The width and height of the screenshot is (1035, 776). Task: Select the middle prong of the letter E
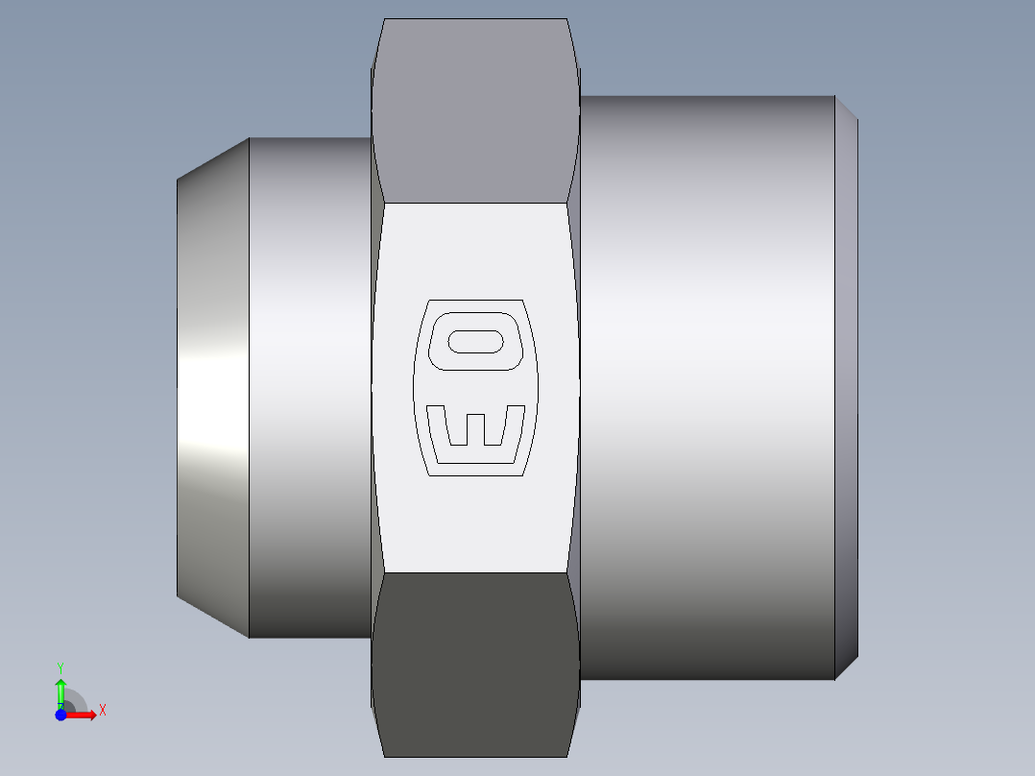coord(476,427)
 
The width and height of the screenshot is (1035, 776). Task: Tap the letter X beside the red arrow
coord(102,711)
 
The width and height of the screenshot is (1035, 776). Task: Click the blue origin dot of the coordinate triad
coord(60,714)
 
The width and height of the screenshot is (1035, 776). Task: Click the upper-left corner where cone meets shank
coord(250,138)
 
